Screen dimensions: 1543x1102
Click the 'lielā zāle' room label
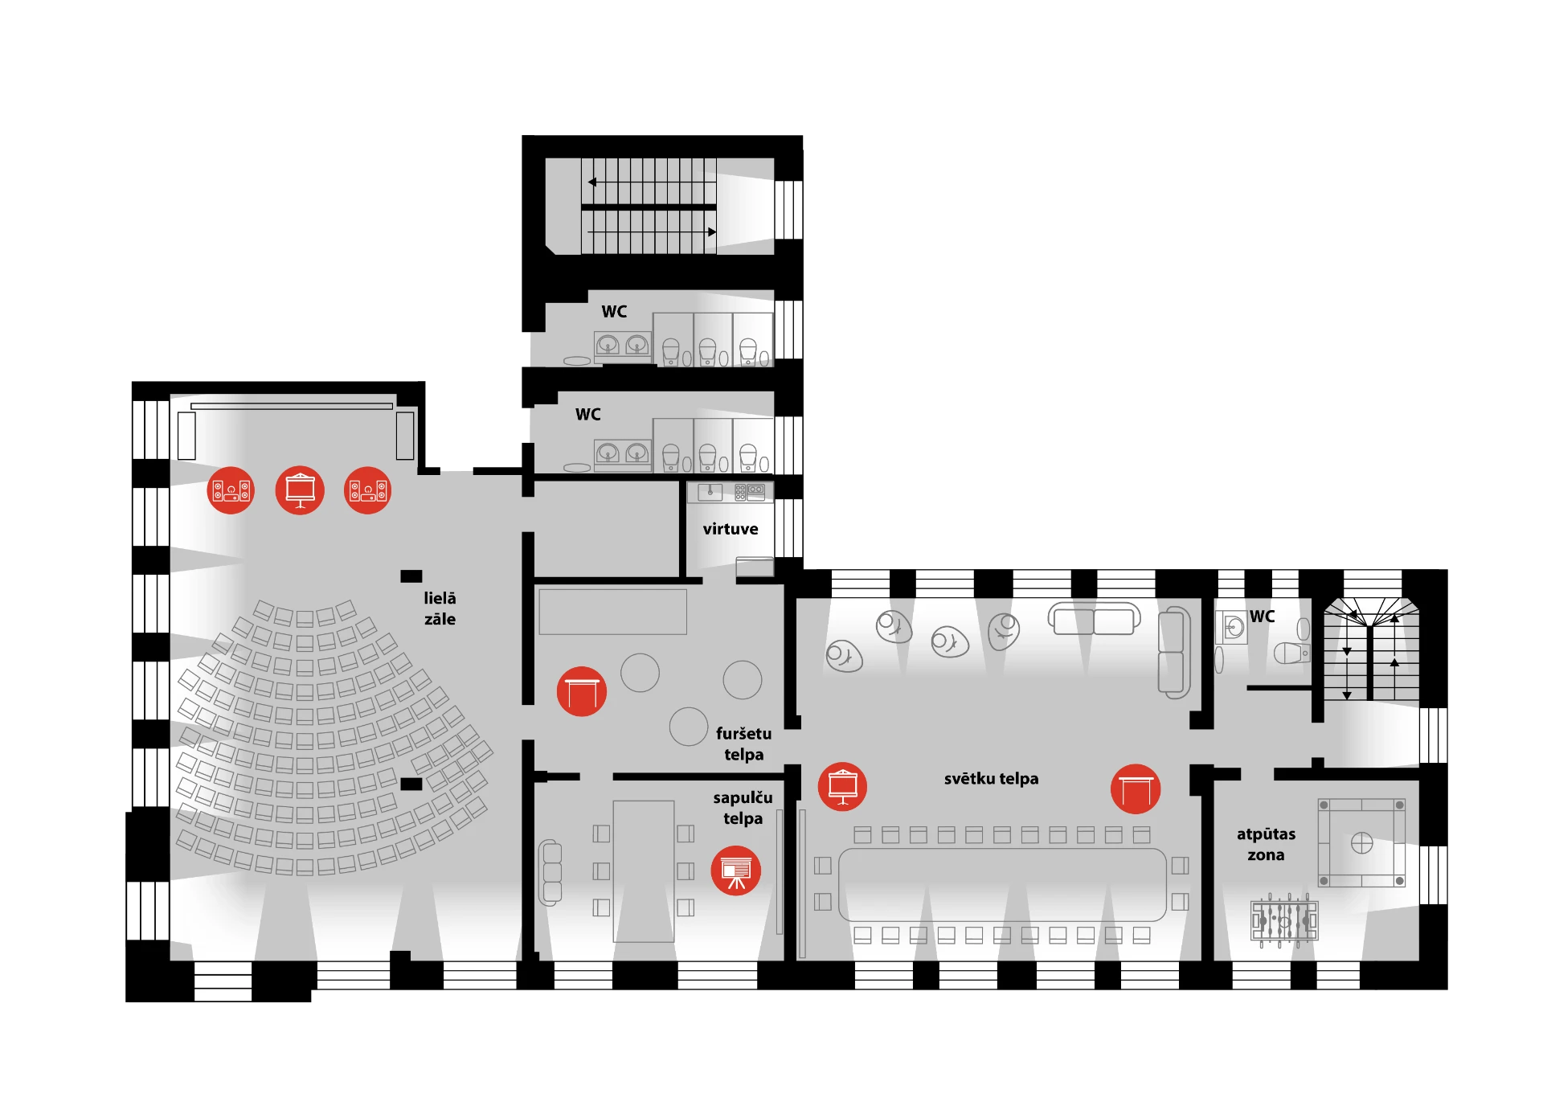coord(440,608)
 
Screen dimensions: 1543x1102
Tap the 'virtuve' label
coord(731,529)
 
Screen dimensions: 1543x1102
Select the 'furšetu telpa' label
coord(743,744)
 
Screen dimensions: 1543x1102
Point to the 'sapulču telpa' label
coord(743,808)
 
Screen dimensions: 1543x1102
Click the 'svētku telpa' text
coord(991,778)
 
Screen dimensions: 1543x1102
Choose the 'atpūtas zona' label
coord(1266,844)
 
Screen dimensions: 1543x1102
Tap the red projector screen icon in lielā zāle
coord(300,490)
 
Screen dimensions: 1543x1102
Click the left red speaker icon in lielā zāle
coord(231,490)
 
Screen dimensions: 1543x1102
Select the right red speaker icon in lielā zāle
coord(368,490)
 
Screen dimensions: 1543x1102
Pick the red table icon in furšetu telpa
coord(582,691)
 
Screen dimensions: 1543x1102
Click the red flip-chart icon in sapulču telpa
coord(735,871)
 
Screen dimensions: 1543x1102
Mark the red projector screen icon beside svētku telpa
coord(842,786)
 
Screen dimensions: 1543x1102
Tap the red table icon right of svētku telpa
coord(1136,789)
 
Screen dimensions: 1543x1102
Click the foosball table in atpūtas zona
coord(1284,920)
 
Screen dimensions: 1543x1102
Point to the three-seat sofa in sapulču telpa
coord(550,872)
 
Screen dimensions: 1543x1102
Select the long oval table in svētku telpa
coord(1002,885)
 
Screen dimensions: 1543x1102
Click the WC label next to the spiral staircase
coord(1262,617)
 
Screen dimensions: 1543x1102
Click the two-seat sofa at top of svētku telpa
coord(1094,620)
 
